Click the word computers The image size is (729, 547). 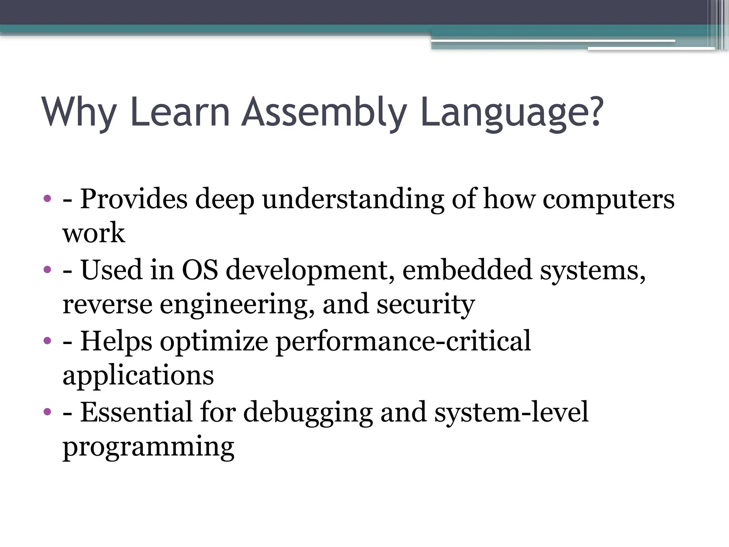pos(608,199)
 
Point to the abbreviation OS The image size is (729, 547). pos(200,270)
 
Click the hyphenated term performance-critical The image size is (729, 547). pos(403,341)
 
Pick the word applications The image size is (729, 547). pos(138,376)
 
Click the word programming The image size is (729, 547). pos(148,447)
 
